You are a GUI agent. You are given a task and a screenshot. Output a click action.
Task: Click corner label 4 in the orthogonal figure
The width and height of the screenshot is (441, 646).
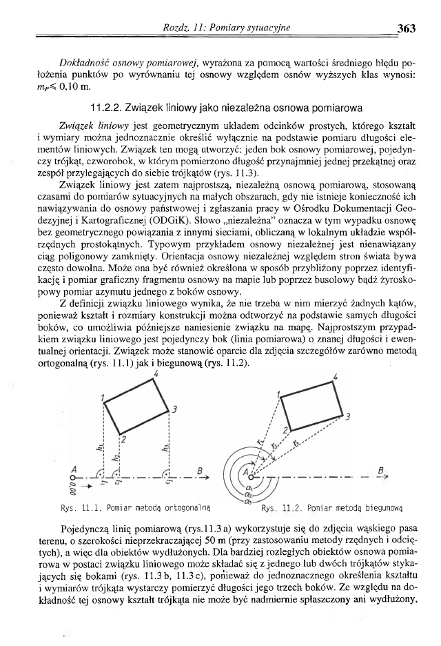tap(156, 373)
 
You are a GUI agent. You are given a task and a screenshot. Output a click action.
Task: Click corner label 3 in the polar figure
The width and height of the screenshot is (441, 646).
tap(350, 418)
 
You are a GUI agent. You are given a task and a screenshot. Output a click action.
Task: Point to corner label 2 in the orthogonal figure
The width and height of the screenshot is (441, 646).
tap(122, 440)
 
